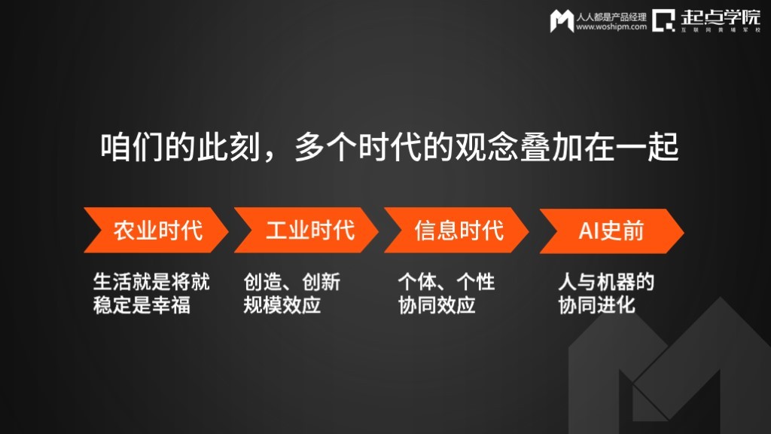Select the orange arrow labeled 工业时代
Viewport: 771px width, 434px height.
tap(306, 231)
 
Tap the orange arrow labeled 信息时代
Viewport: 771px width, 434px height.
tap(456, 231)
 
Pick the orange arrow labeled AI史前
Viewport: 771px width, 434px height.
tap(611, 231)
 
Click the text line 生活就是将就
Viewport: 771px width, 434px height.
tap(151, 282)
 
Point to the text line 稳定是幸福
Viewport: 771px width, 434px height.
tap(142, 305)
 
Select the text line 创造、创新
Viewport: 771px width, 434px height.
tap(292, 282)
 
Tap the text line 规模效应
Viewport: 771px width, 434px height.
tap(282, 305)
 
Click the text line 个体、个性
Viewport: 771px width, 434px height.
tap(446, 282)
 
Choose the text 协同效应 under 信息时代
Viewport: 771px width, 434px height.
tap(437, 305)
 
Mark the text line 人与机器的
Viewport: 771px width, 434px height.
tap(606, 282)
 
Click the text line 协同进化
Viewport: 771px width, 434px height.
tap(596, 305)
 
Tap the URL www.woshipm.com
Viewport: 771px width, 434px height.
tap(611, 27)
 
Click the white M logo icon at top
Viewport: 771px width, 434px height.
tap(562, 20)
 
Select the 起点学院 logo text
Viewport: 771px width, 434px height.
tap(721, 18)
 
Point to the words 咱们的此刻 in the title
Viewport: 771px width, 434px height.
tap(181, 147)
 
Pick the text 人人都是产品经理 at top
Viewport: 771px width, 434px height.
tap(611, 17)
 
